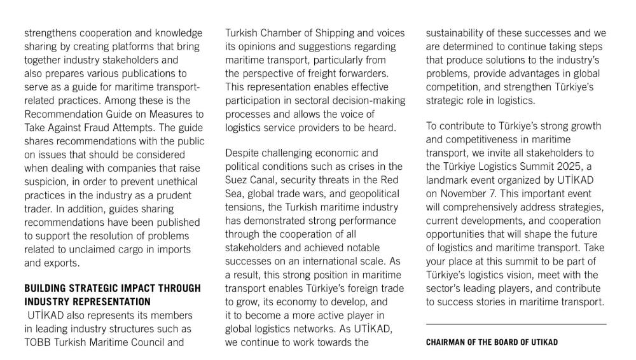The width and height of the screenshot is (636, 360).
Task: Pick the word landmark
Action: coord(448,181)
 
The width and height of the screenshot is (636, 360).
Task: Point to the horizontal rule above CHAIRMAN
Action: coord(516,324)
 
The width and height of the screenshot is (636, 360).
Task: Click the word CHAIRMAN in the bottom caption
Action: coord(448,342)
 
